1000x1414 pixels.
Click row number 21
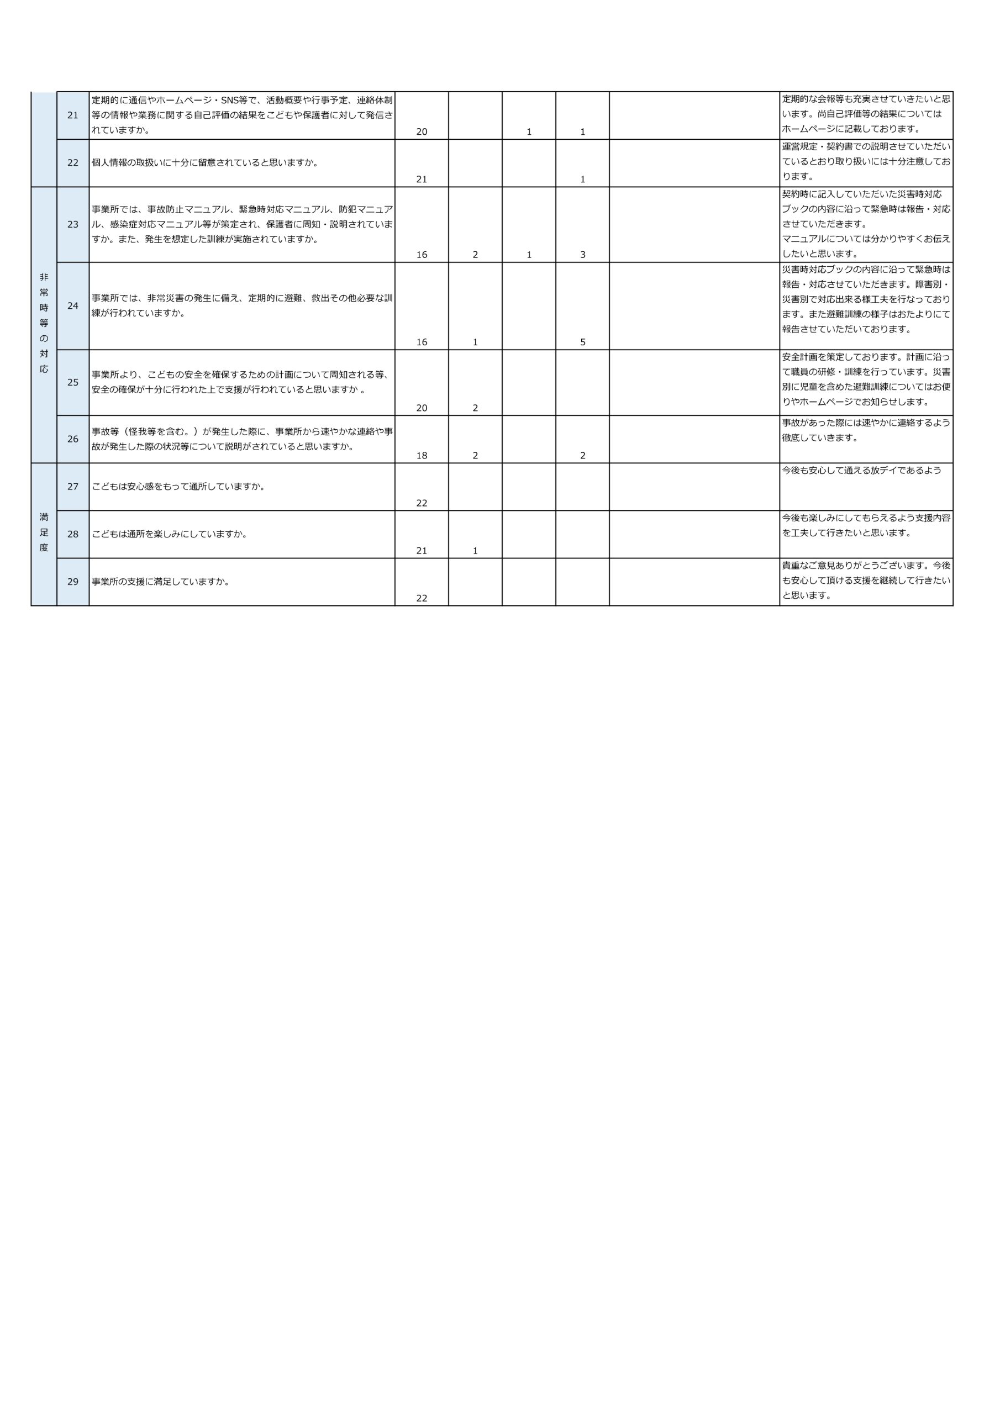[x=73, y=115]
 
